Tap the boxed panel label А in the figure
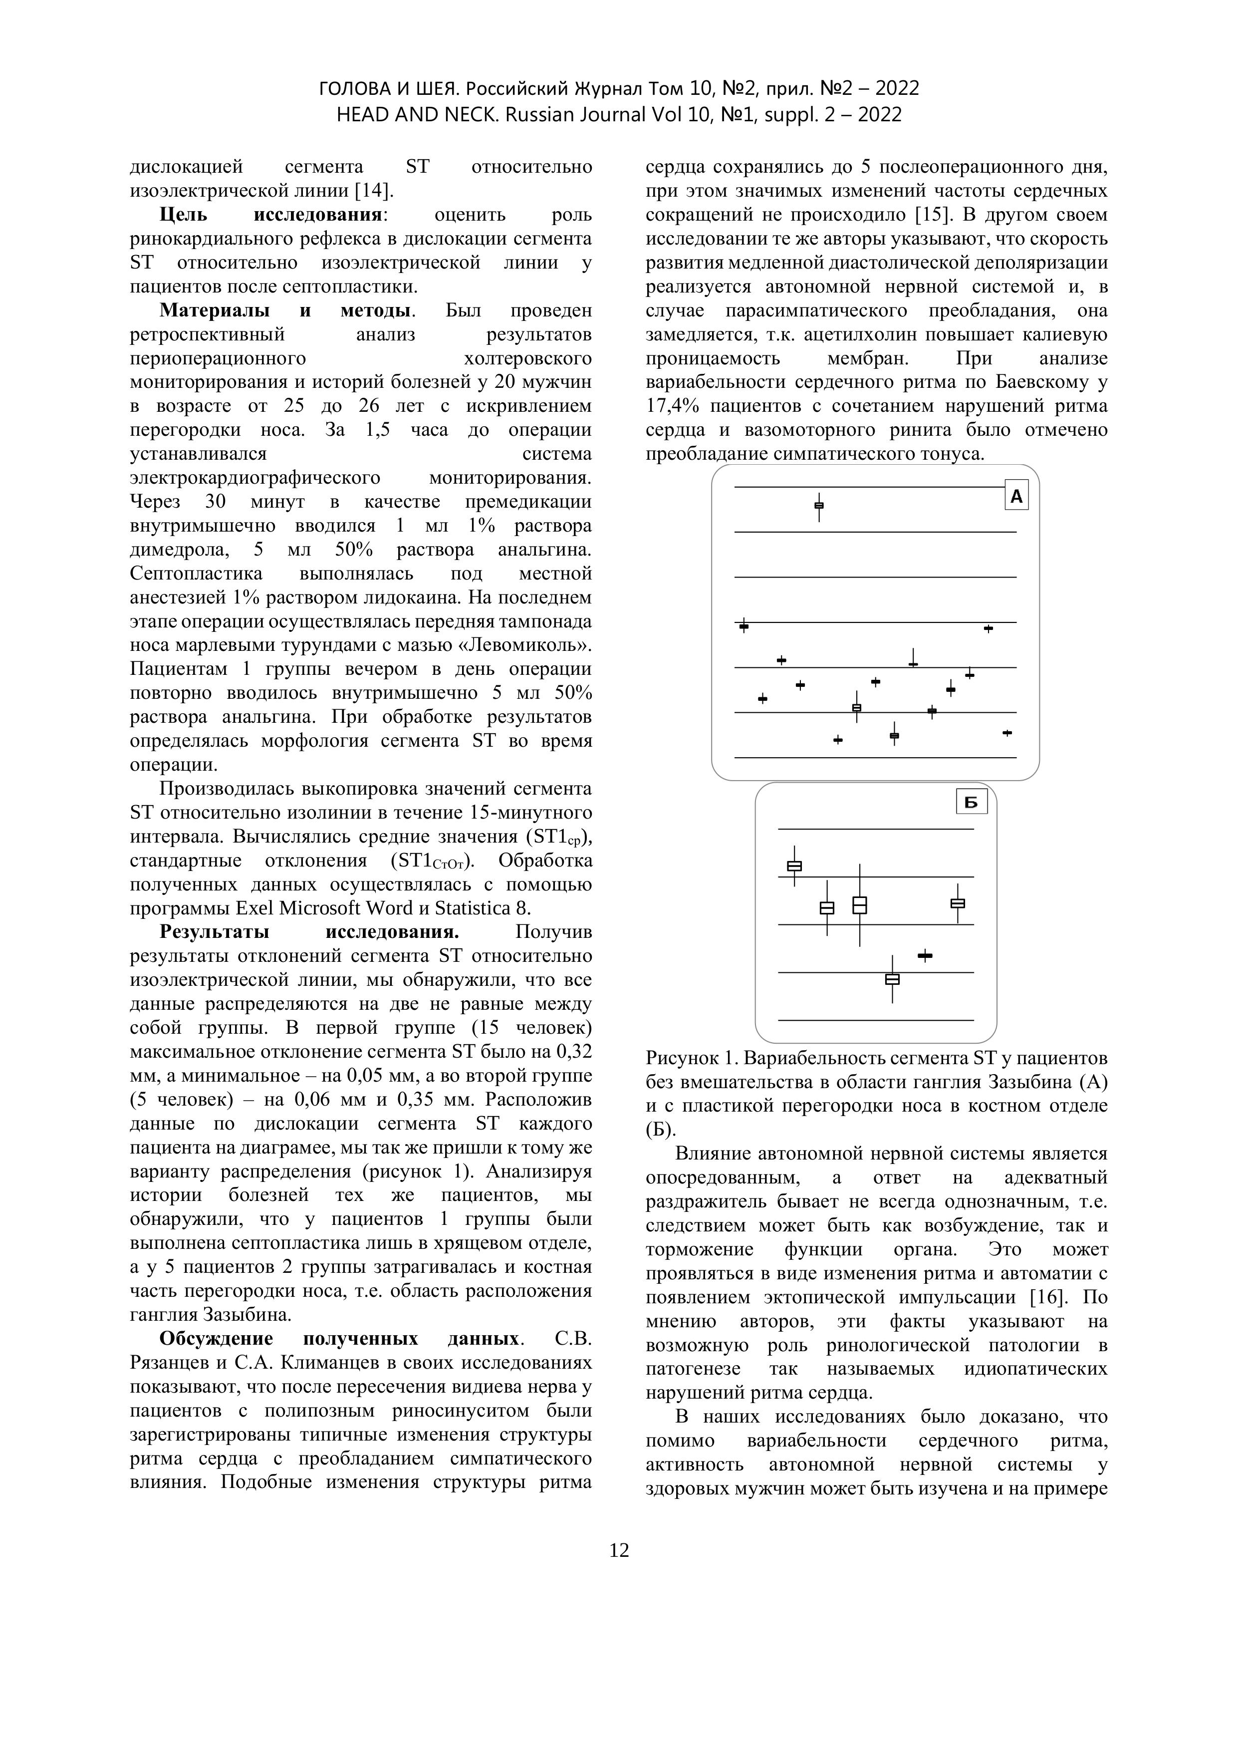coord(1016,497)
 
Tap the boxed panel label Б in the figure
coord(971,802)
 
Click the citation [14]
coord(371,190)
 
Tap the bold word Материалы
coord(214,310)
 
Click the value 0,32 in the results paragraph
coord(574,1052)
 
